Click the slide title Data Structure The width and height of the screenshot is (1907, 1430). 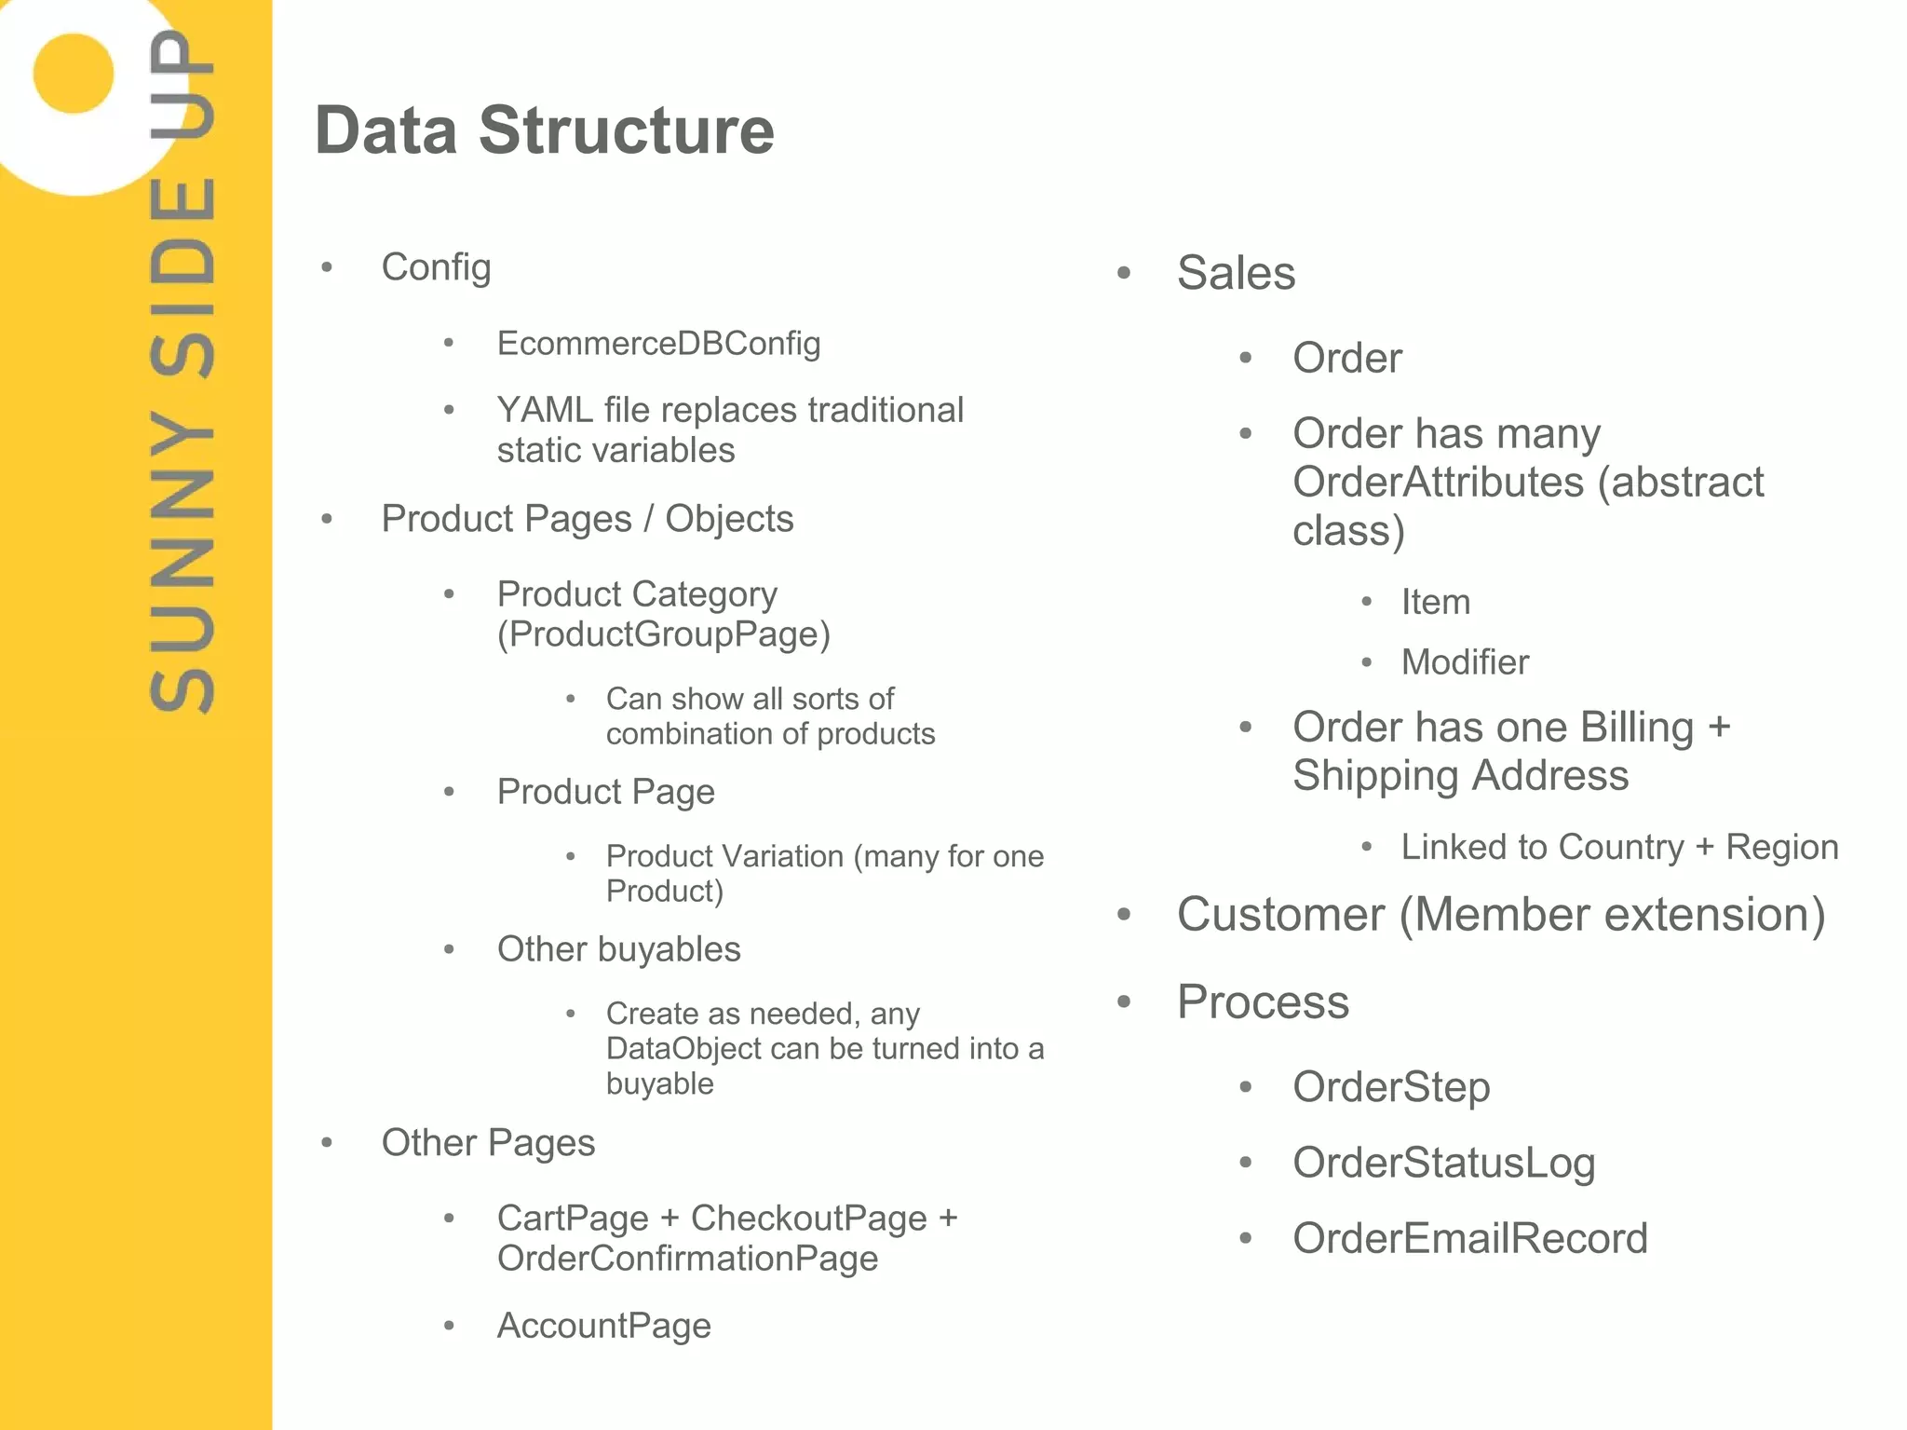(x=545, y=130)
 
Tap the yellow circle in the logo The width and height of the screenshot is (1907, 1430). (x=73, y=74)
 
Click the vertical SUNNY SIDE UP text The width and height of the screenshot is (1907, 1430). (x=183, y=373)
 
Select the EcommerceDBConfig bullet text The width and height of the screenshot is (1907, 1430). (x=658, y=344)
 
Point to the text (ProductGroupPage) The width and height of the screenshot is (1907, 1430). (x=663, y=634)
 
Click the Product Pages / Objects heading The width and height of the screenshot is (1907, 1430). (x=587, y=519)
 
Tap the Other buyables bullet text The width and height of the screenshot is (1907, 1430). (x=618, y=949)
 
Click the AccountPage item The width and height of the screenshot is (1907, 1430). (x=603, y=1326)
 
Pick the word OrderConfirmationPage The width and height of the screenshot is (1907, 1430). (x=687, y=1259)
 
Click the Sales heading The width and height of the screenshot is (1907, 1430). (x=1236, y=273)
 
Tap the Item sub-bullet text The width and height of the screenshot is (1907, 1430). (x=1435, y=602)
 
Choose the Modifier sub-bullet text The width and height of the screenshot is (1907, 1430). (x=1465, y=662)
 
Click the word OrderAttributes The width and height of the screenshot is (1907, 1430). (x=1438, y=483)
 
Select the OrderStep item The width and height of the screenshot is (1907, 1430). (x=1391, y=1087)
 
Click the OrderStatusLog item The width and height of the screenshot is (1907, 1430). (x=1443, y=1163)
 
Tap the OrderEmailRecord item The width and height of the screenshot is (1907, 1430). (x=1469, y=1239)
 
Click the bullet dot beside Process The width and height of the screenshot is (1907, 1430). (x=1124, y=1002)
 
